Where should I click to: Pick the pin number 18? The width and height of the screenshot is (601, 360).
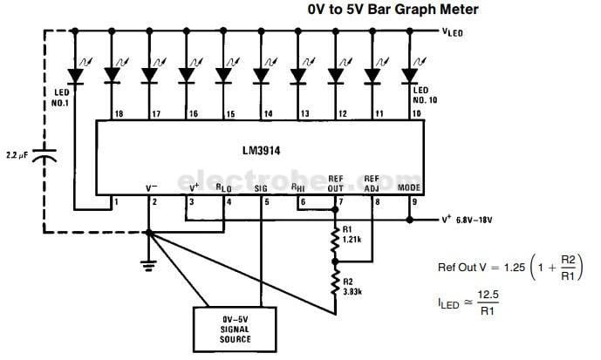(x=118, y=113)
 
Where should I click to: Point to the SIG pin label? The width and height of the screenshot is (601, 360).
(x=260, y=187)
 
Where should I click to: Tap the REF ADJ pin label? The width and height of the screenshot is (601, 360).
(x=372, y=182)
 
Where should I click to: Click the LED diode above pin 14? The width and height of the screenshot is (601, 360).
(x=261, y=76)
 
